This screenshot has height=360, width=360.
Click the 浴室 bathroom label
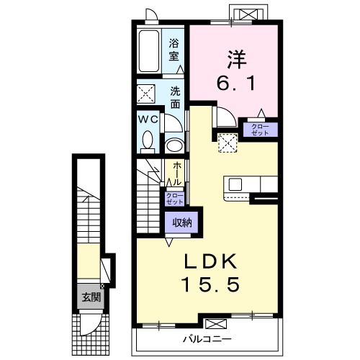coord(174,50)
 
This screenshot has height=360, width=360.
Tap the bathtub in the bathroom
coord(149,50)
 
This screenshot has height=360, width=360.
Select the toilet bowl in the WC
coord(147,140)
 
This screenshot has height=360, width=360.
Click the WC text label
coord(148,119)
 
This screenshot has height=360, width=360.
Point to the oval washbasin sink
coord(174,145)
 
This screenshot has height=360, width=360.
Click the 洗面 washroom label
coord(176,98)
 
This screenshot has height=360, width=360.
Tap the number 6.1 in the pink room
coord(236,84)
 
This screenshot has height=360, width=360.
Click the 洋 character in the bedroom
coord(237,59)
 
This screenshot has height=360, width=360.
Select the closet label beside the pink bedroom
coord(260,130)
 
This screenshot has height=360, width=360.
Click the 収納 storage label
coord(182,222)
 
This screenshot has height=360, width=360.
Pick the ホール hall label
coord(177,173)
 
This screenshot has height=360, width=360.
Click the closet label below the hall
coord(174,199)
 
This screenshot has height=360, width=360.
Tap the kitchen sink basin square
coord(235,185)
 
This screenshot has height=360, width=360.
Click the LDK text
coord(210,261)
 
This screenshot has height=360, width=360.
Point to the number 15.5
coord(211,284)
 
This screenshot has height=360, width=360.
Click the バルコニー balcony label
coord(207,339)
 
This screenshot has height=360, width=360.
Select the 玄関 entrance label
coord(91,297)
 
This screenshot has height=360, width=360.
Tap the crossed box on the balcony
coord(216,324)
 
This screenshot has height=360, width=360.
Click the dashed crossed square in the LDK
coord(228,143)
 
